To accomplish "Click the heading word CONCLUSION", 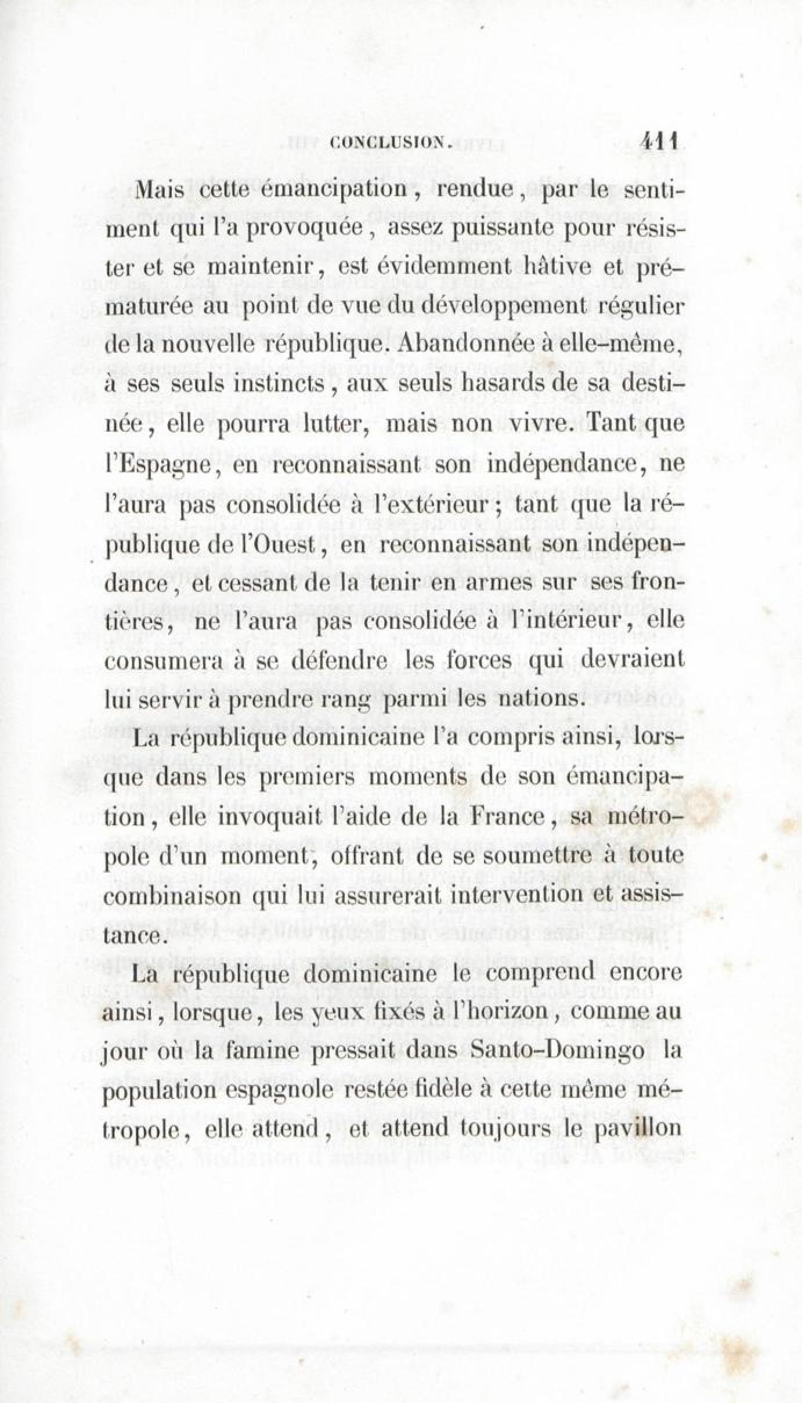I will point(390,142).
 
